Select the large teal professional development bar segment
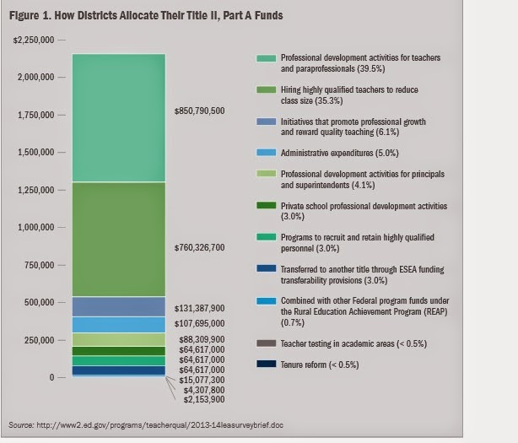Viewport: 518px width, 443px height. (118, 118)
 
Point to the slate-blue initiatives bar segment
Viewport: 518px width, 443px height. (118, 305)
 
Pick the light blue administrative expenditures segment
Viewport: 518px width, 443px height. (118, 325)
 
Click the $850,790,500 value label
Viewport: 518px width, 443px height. (199, 111)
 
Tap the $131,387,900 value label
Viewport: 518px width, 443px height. (199, 309)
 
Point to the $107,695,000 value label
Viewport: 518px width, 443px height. (199, 323)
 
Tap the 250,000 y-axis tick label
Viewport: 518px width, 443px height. (39, 340)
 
